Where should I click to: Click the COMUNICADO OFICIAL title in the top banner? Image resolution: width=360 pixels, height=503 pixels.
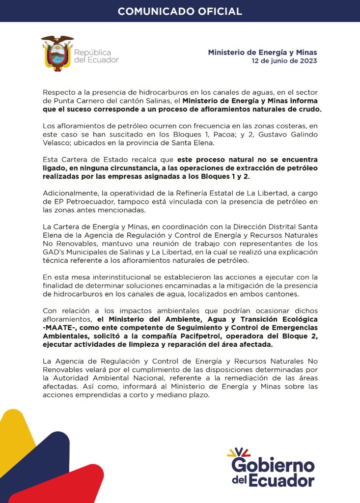pyautogui.click(x=180, y=11)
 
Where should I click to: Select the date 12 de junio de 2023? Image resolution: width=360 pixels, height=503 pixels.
pyautogui.click(x=284, y=61)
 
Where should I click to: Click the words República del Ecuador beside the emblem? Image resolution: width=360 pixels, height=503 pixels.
pyautogui.click(x=96, y=56)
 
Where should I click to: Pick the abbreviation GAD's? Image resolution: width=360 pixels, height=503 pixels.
pyautogui.click(x=54, y=252)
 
